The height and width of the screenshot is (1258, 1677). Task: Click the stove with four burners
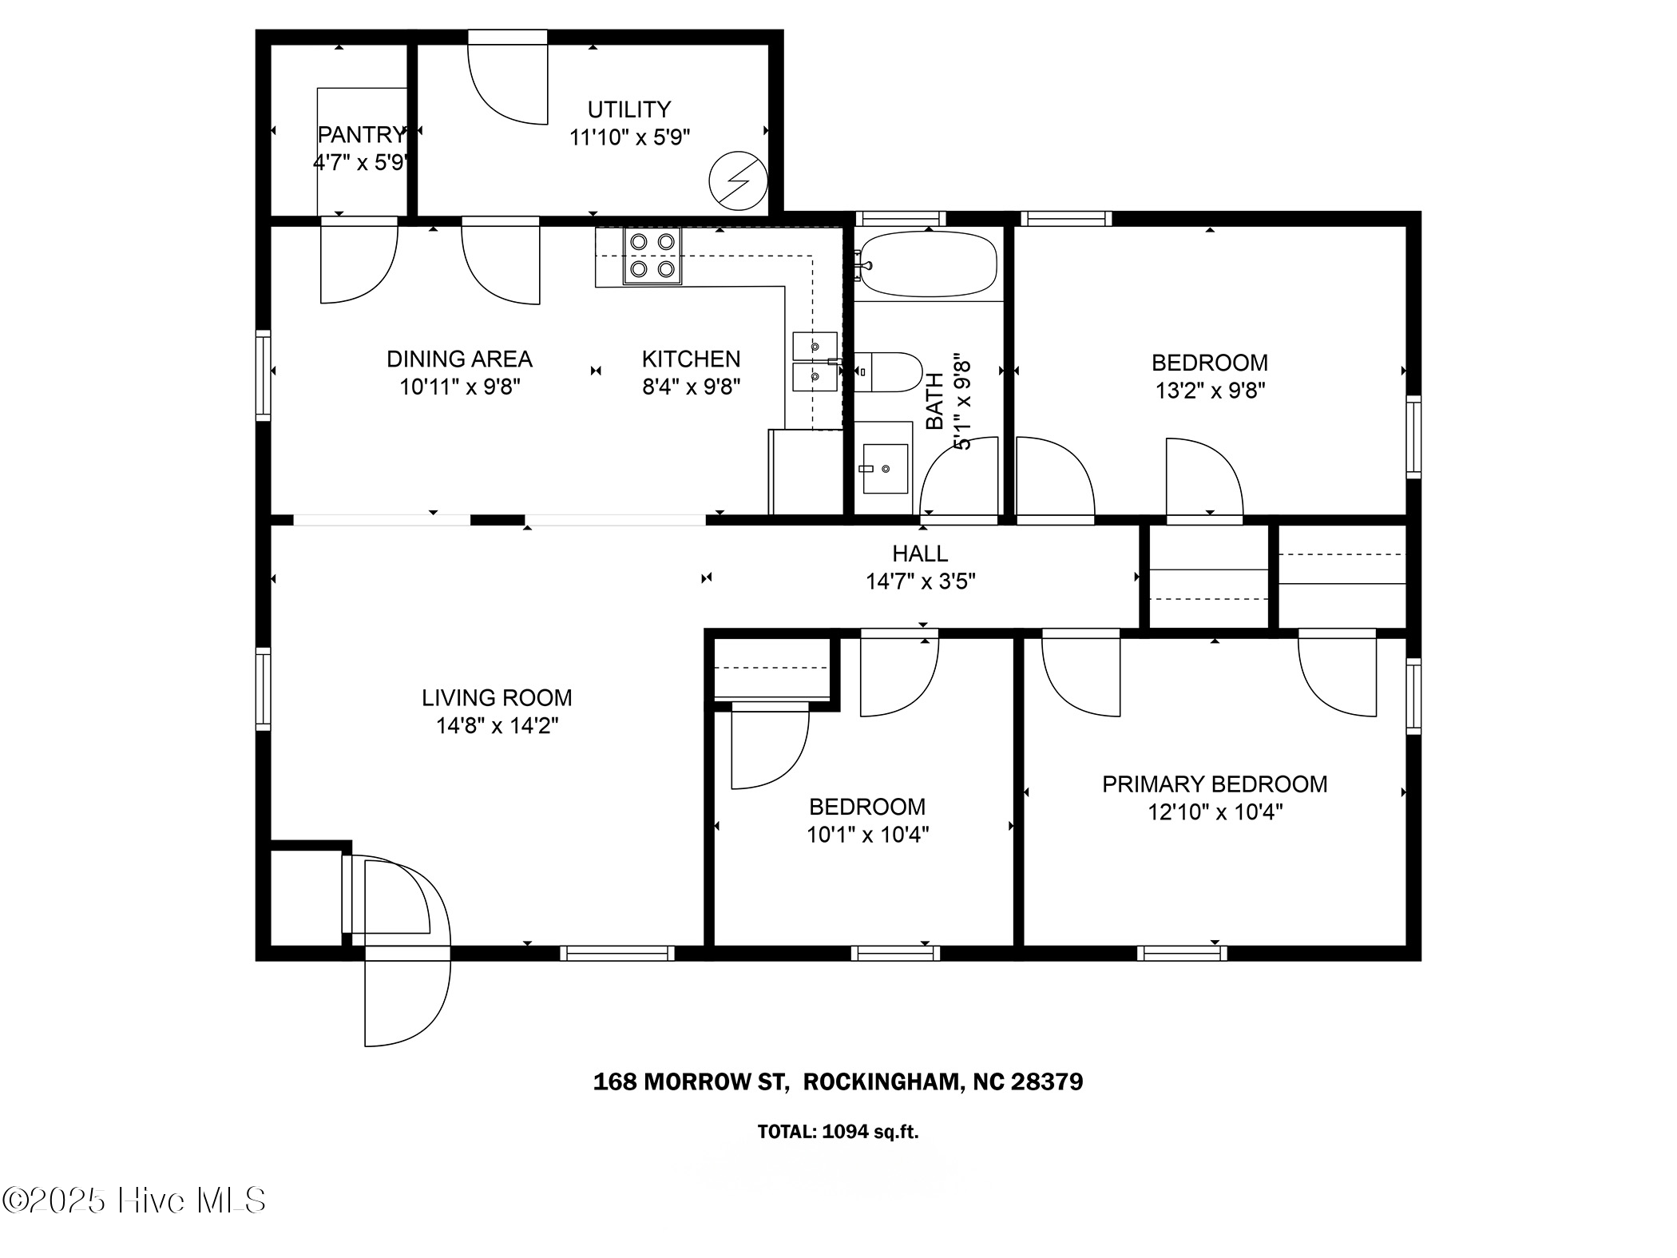point(652,256)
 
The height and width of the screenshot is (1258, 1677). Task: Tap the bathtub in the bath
point(929,264)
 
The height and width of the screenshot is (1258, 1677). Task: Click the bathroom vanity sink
point(886,469)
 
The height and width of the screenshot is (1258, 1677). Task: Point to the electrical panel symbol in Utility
point(738,181)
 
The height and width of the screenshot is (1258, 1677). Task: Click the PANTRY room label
point(362,135)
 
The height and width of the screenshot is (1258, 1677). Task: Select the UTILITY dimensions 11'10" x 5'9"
point(629,138)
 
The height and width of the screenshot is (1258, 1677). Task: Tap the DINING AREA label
point(459,359)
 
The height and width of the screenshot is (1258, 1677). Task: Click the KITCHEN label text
point(691,359)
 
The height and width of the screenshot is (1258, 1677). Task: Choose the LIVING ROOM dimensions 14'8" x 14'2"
point(497,726)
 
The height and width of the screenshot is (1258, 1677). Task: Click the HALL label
point(920,554)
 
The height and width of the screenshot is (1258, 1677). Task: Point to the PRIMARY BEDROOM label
point(1214,784)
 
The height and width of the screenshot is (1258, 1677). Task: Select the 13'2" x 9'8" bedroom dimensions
point(1210,391)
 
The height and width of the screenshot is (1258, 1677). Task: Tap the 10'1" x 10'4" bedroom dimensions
point(867,835)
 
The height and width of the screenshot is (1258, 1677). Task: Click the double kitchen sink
point(815,362)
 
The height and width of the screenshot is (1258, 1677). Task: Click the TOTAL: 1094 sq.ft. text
point(838,1132)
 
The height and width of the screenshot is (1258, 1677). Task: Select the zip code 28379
point(1047,1082)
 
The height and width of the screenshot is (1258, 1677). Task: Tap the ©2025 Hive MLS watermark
point(134,1200)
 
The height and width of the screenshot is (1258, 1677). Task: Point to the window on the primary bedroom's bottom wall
point(1182,953)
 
